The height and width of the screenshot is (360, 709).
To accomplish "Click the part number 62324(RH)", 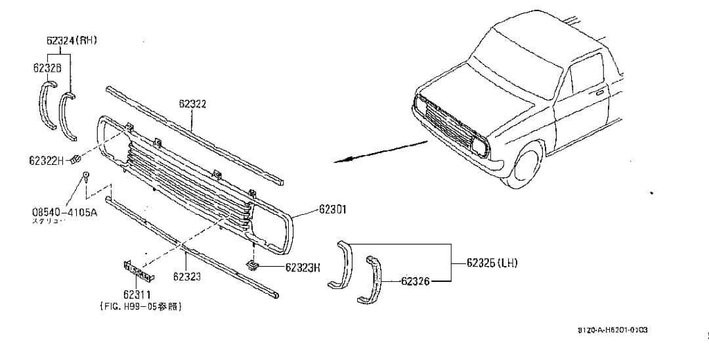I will point(72,40).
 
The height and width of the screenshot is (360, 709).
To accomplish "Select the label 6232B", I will point(47,68).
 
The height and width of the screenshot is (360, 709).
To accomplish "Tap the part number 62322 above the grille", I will point(192,104).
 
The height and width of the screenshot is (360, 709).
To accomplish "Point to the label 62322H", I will point(47,161).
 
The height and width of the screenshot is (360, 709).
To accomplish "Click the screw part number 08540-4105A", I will point(64,212).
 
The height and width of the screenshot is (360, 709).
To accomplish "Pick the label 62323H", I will point(303,267).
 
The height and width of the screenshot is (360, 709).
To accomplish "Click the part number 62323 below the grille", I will point(186,277).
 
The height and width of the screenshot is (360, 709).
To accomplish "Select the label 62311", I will point(137,295).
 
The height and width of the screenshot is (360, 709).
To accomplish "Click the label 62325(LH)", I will point(492,263).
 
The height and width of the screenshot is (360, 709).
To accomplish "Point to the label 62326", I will point(415,281).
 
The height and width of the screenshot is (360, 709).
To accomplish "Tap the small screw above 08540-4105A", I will point(86,175).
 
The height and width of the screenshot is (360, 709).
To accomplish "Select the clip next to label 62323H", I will point(252,265).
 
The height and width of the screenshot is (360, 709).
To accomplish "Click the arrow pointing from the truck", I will point(381,150).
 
